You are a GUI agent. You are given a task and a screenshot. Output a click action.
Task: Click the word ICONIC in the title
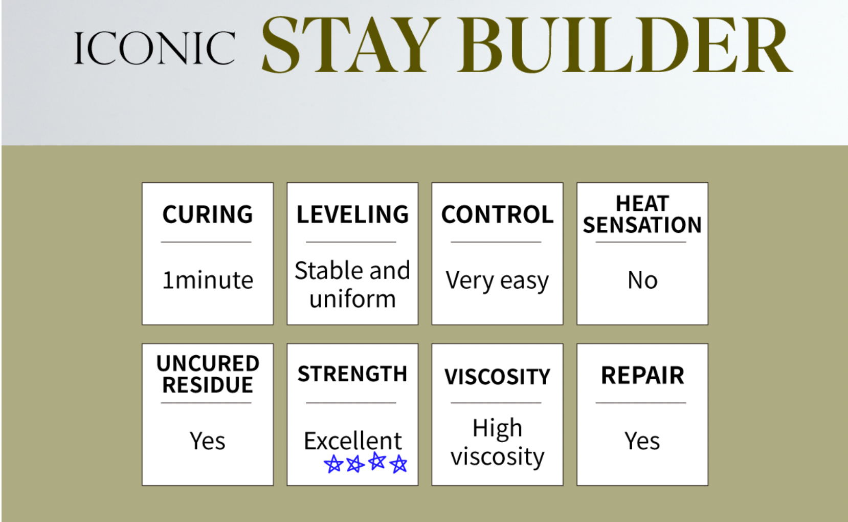154,48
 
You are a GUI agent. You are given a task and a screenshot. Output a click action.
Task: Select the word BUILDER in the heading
624,45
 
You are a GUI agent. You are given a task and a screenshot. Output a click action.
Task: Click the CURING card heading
208,214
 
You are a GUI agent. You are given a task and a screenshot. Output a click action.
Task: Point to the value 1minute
208,280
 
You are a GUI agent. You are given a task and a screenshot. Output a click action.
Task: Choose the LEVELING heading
352,214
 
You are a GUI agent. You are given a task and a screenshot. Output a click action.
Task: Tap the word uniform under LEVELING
352,299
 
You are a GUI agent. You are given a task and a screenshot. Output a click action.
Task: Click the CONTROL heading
498,214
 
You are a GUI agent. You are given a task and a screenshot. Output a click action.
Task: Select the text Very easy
497,281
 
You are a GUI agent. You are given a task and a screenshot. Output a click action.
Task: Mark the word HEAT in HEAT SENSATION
642,203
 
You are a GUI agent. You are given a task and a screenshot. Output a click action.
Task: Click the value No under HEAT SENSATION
642,280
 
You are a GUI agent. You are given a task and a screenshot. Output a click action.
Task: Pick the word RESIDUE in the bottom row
208,385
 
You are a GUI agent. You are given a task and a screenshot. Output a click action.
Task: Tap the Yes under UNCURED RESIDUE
208,441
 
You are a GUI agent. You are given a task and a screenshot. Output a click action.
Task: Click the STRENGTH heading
352,374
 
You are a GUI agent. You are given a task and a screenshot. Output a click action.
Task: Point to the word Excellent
352,441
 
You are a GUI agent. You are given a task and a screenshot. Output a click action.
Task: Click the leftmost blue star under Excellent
333,464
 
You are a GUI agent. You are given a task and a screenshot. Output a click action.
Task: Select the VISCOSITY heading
498,377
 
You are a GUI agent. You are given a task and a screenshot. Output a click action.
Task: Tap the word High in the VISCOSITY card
498,428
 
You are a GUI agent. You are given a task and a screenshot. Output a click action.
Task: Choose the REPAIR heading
642,376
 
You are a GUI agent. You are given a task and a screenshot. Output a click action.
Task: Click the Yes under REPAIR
642,441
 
